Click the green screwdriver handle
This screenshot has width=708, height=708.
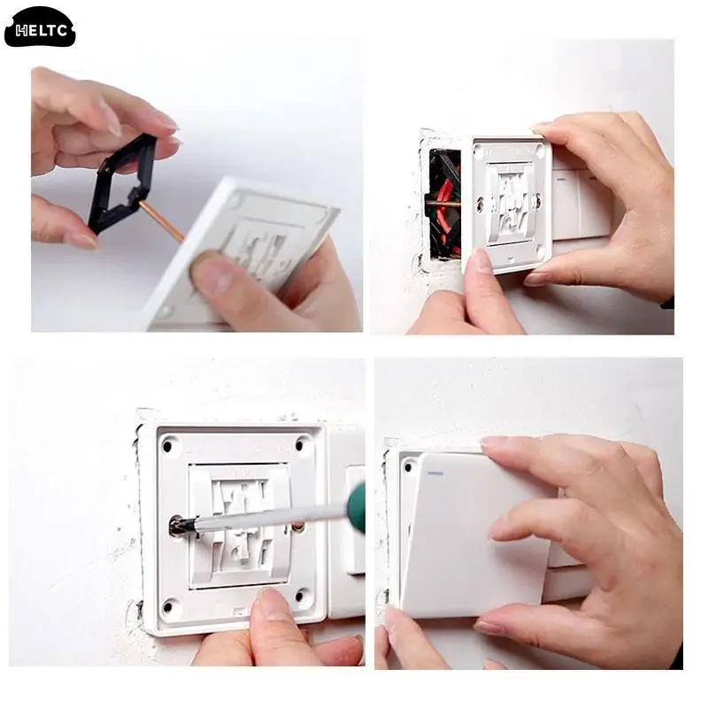356,505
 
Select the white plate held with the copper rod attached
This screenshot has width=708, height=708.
248,248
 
